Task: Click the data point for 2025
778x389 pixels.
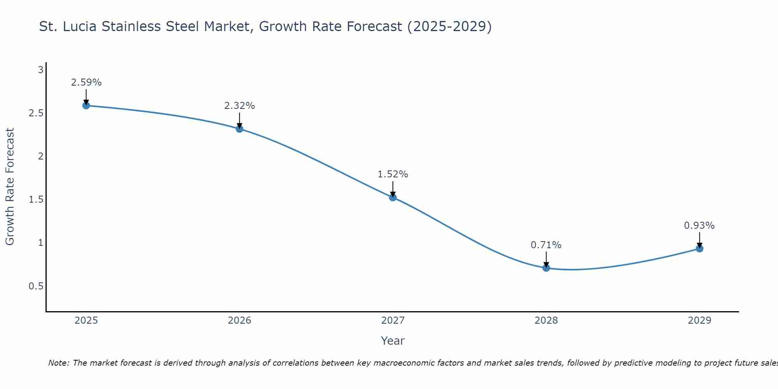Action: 86,105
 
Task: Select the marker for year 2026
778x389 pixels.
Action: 240,129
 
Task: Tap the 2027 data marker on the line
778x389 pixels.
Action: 393,197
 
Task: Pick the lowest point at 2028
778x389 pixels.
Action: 546,268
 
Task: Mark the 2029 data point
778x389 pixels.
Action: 699,249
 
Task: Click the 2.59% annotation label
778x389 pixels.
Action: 86,82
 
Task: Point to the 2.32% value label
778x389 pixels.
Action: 240,106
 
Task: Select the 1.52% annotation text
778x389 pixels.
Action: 393,174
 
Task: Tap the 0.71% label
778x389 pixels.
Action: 546,245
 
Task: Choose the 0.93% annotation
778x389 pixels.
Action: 699,226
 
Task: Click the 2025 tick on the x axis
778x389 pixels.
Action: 86,321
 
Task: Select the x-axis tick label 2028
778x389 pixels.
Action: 546,321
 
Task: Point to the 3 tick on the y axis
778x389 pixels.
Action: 40,70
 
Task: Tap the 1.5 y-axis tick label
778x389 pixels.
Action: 36,200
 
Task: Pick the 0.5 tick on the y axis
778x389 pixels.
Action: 36,286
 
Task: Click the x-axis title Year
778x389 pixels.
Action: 393,341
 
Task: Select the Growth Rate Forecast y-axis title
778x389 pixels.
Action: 10,187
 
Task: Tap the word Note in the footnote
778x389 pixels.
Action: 58,363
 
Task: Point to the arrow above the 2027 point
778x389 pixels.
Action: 393,189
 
